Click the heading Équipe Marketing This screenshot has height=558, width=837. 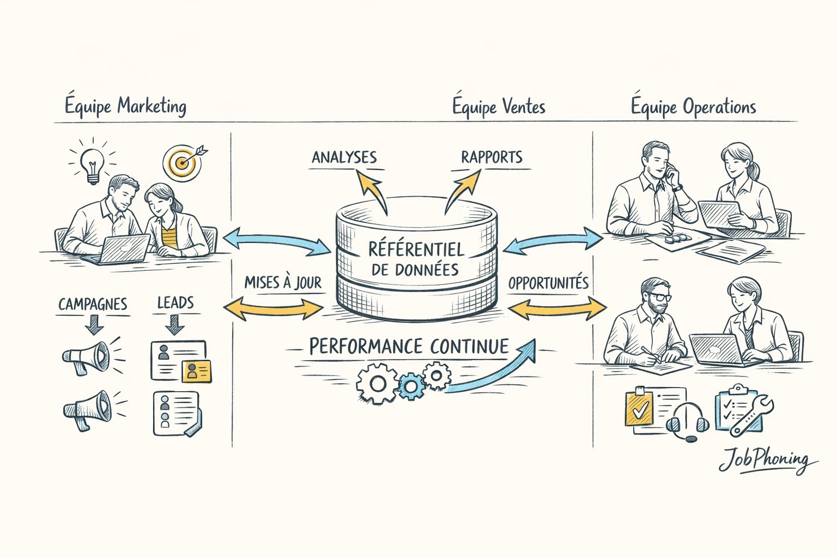click(125, 106)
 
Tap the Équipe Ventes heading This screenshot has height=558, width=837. click(498, 106)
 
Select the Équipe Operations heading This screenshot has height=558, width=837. click(693, 107)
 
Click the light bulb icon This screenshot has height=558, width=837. click(92, 165)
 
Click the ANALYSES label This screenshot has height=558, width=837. click(344, 157)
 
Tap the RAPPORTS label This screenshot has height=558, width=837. click(492, 157)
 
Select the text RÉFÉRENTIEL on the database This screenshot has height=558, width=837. click(416, 249)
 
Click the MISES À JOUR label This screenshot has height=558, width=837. click(282, 282)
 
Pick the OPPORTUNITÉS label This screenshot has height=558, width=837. click(548, 283)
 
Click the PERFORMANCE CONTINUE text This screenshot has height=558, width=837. click(409, 347)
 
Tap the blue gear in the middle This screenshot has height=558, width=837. click(411, 386)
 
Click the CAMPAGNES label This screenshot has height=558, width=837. click(93, 304)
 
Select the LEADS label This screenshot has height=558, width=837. click(175, 302)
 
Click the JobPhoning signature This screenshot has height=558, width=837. click(765, 460)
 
